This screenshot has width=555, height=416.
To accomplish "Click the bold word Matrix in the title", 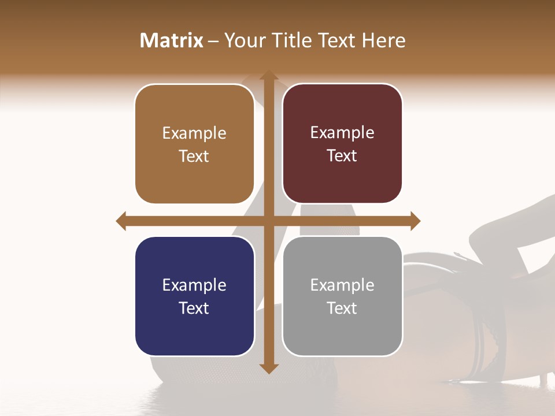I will [x=172, y=40].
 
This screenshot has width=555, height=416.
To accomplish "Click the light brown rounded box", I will [x=194, y=144].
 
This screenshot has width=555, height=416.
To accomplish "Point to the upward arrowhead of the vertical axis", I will [x=268, y=75].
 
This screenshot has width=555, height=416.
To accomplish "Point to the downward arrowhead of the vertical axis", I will [x=268, y=368].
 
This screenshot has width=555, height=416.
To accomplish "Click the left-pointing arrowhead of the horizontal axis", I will [x=121, y=221].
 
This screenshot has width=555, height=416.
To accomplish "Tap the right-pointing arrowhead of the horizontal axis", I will [x=415, y=221].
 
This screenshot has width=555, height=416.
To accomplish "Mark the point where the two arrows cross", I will [x=268, y=221].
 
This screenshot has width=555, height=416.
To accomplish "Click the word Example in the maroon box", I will [x=342, y=132].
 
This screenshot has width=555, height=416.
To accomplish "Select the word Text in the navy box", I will [x=194, y=308].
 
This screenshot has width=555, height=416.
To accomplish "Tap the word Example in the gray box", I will [x=342, y=285].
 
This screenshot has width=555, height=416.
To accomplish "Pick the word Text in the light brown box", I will [x=194, y=156].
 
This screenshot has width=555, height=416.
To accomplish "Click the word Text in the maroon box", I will [x=342, y=155].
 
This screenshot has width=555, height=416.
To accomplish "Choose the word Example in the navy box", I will [x=194, y=285].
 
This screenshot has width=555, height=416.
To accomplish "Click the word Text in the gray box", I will [x=342, y=308].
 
